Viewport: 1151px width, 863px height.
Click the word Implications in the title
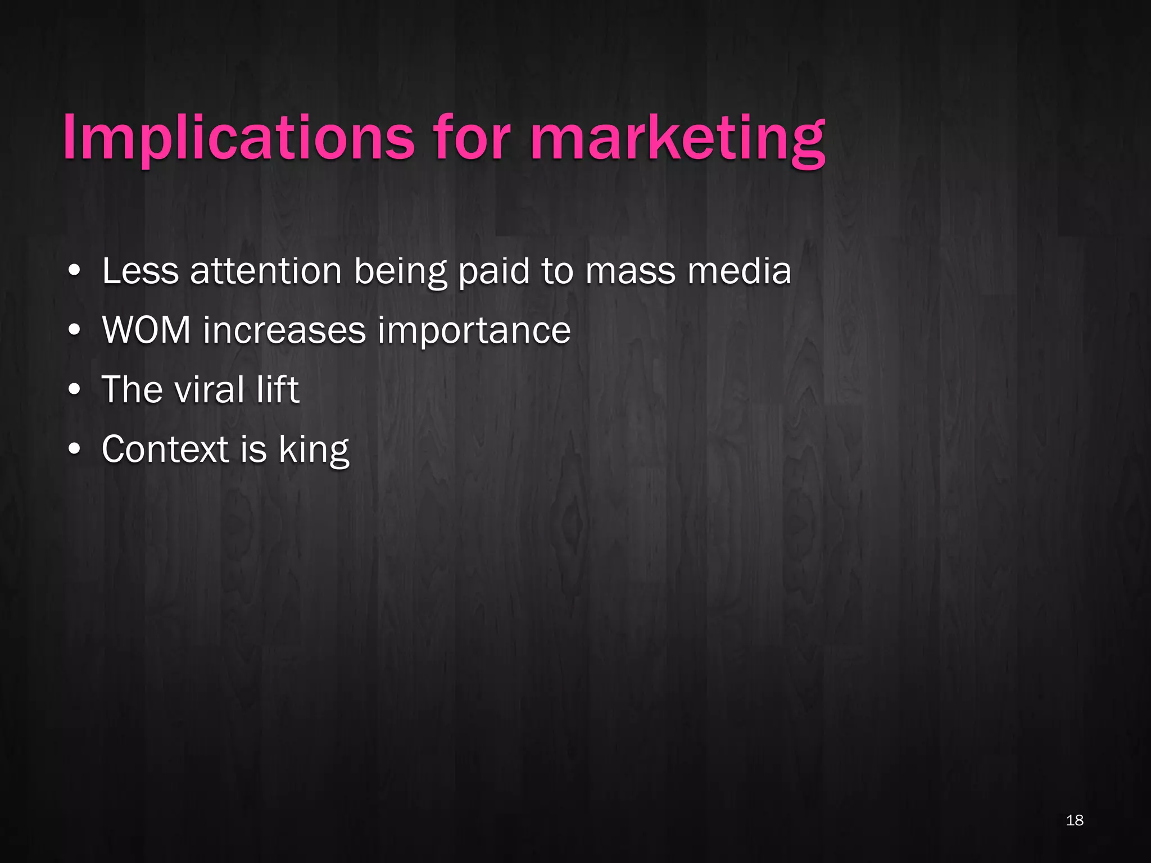pyautogui.click(x=238, y=138)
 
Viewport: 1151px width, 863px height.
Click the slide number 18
pyautogui.click(x=1074, y=820)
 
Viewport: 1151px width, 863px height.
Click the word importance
pyautogui.click(x=474, y=331)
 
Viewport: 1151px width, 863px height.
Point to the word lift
pyautogui.click(x=278, y=389)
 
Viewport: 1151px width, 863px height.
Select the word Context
pyautogui.click(x=165, y=449)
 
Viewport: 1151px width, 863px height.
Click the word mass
pyautogui.click(x=630, y=272)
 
